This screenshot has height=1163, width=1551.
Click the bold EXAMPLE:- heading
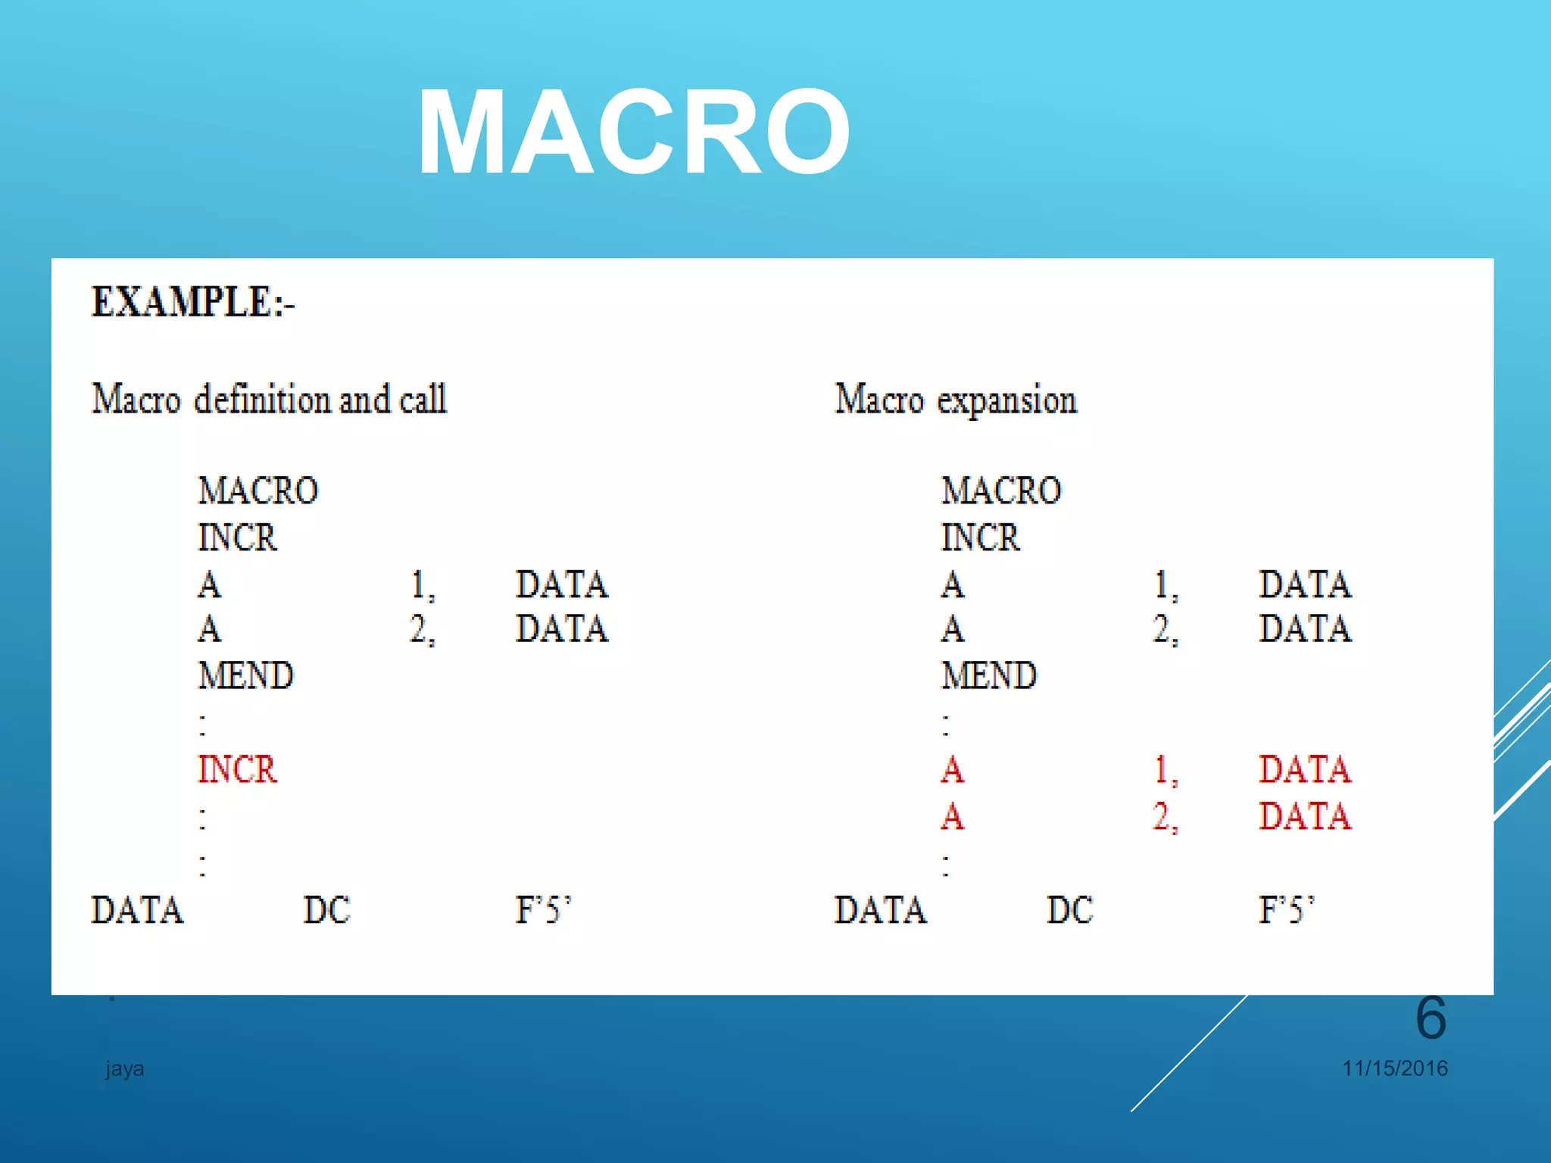(192, 302)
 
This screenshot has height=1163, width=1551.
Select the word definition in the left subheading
(262, 399)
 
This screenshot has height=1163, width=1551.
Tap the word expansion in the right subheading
(1006, 401)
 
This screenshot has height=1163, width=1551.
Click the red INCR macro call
(237, 769)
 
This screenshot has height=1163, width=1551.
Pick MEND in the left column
(245, 675)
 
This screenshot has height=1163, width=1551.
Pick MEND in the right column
(988, 675)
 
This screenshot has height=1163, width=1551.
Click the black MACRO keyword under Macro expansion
(1000, 491)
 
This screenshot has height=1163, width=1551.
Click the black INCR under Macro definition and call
(237, 538)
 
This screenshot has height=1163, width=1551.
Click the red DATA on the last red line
(1304, 816)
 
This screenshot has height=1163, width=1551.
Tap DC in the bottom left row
(326, 910)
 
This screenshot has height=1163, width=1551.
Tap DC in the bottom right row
(1069, 910)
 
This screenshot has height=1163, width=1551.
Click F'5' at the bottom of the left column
(543, 910)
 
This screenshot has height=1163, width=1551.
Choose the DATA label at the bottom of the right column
(880, 910)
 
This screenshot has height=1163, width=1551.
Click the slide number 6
(1431, 1018)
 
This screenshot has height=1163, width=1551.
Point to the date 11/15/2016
(1394, 1068)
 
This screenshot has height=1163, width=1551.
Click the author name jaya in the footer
(125, 1069)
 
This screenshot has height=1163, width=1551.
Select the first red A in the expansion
(953, 770)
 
